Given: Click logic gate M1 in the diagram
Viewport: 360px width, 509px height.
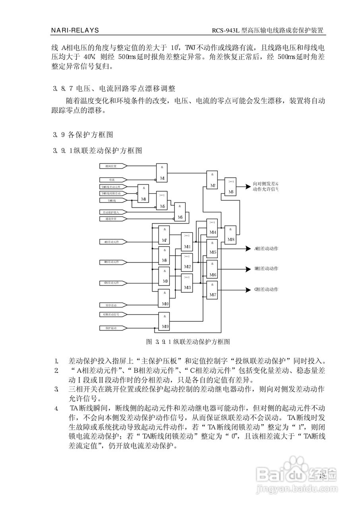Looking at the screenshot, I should click(162, 173).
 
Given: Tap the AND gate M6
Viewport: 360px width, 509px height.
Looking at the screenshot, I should click(180, 212).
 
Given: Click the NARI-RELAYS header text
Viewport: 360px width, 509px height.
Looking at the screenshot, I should click(75, 30).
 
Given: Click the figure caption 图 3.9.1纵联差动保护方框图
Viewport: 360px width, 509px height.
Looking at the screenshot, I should click(188, 342).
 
